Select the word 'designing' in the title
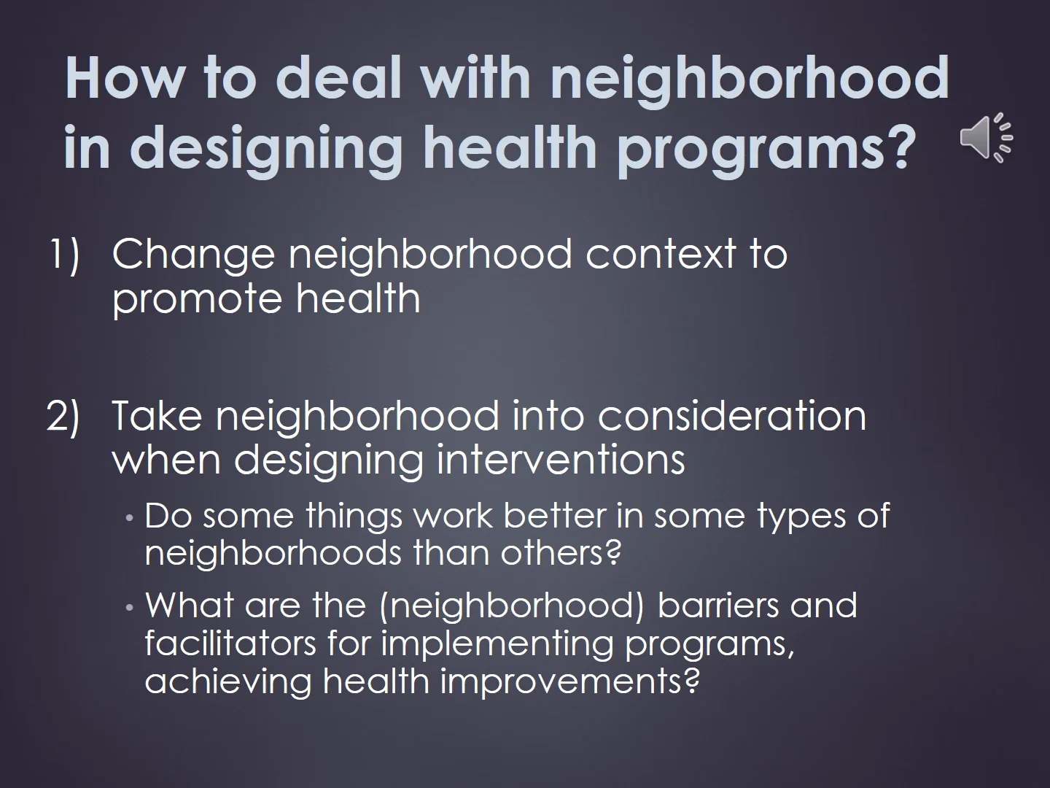[x=266, y=147]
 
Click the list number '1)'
[x=65, y=255]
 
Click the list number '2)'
[x=63, y=416]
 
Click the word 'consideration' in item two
[x=732, y=416]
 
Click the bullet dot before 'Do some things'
[x=130, y=518]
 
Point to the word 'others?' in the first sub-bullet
[x=561, y=552]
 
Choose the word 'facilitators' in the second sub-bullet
[x=230, y=644]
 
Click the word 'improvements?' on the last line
[x=570, y=681]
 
